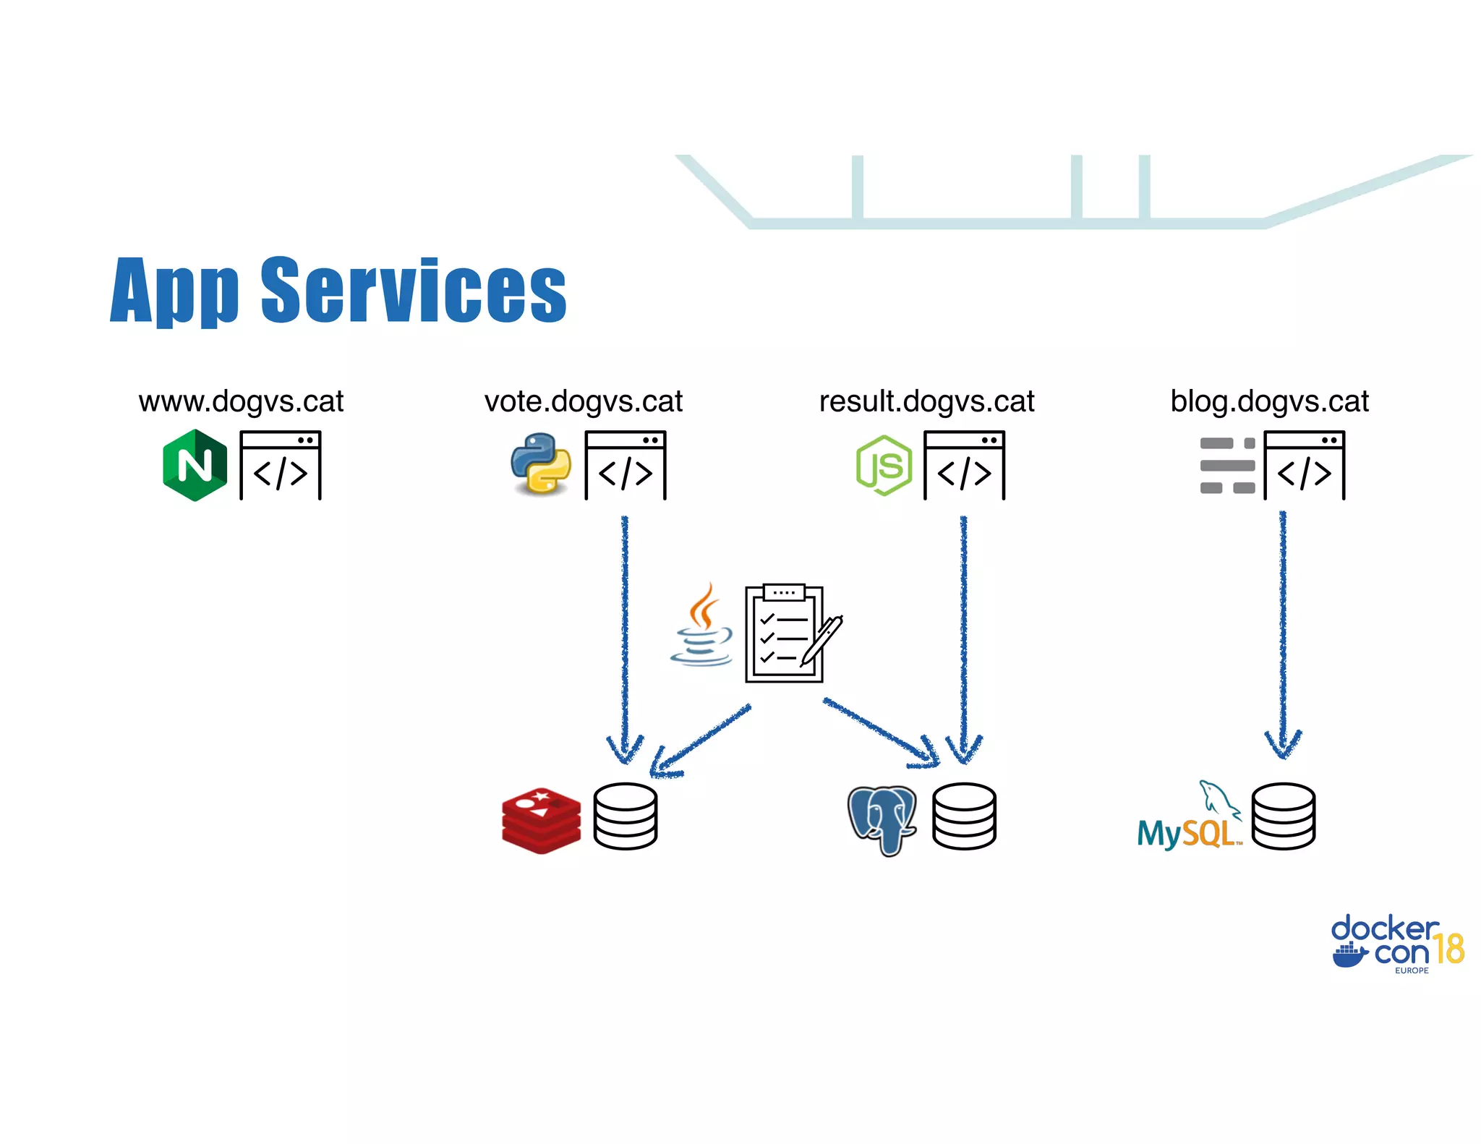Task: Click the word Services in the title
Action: click(x=413, y=290)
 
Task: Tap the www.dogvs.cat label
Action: click(x=241, y=401)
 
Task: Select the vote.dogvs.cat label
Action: click(x=583, y=401)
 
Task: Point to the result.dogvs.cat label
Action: click(x=926, y=401)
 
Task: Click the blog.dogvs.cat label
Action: click(x=1269, y=401)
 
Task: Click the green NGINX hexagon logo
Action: click(x=195, y=465)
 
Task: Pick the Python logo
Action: click(x=540, y=464)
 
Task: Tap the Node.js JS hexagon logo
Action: click(x=884, y=465)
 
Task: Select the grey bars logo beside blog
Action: click(x=1227, y=465)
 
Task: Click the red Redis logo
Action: click(x=541, y=821)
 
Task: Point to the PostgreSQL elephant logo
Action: click(x=882, y=819)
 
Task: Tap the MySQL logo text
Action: click(x=1186, y=833)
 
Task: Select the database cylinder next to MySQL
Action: click(x=1283, y=816)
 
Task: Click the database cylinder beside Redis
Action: click(x=625, y=816)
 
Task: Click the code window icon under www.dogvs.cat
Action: click(x=281, y=465)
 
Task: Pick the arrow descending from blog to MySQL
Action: click(x=1283, y=636)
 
